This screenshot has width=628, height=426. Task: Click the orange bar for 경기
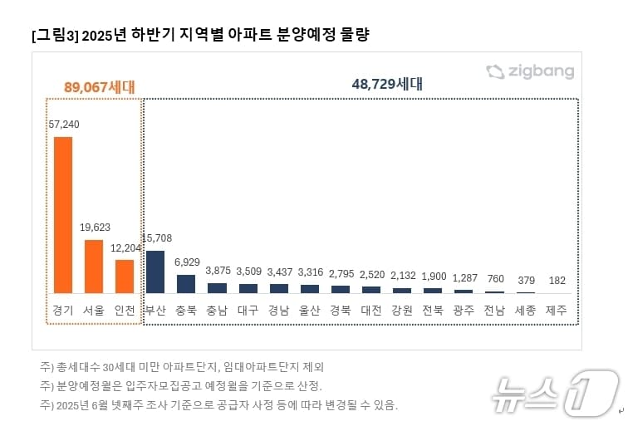coord(63,214)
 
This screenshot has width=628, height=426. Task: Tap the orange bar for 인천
coord(125,276)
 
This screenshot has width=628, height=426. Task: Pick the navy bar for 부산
coord(155,272)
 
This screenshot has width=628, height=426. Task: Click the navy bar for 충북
coord(186,283)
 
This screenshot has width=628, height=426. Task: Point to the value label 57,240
coord(64,124)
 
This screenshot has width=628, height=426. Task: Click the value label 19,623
coord(96,227)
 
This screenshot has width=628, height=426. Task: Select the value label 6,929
coord(187,262)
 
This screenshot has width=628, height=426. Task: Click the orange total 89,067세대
coord(99,86)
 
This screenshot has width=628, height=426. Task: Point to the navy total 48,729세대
coord(388,84)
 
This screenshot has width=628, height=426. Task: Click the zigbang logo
coord(530,71)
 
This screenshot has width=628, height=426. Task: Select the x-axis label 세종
coord(525,311)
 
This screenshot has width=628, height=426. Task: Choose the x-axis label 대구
coord(248,311)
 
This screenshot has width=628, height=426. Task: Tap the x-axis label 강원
coord(402,311)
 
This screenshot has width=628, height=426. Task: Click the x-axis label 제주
coord(557,311)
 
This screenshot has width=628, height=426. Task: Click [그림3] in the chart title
coord(56,36)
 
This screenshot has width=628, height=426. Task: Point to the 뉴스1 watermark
coord(556,393)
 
